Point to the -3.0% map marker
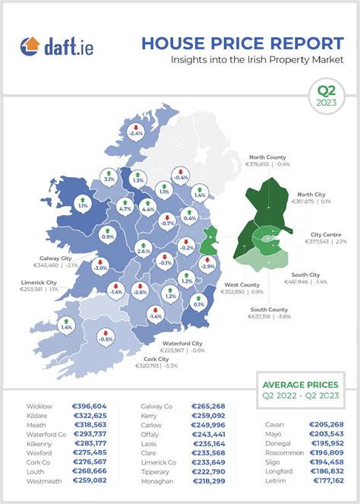[100, 266]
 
